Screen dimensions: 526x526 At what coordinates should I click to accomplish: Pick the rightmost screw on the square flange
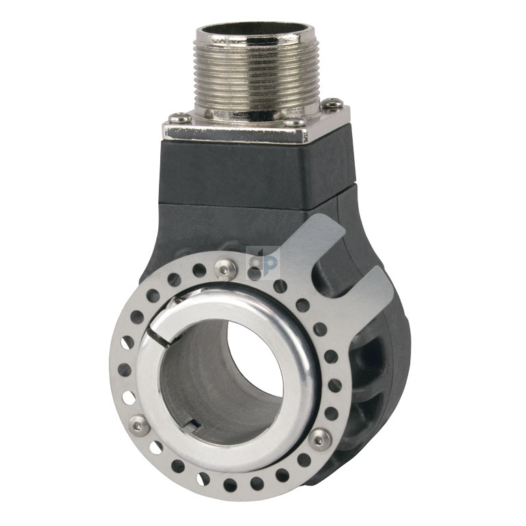pyautogui.click(x=334, y=103)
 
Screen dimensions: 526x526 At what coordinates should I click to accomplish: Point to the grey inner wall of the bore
pyautogui.click(x=199, y=370)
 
